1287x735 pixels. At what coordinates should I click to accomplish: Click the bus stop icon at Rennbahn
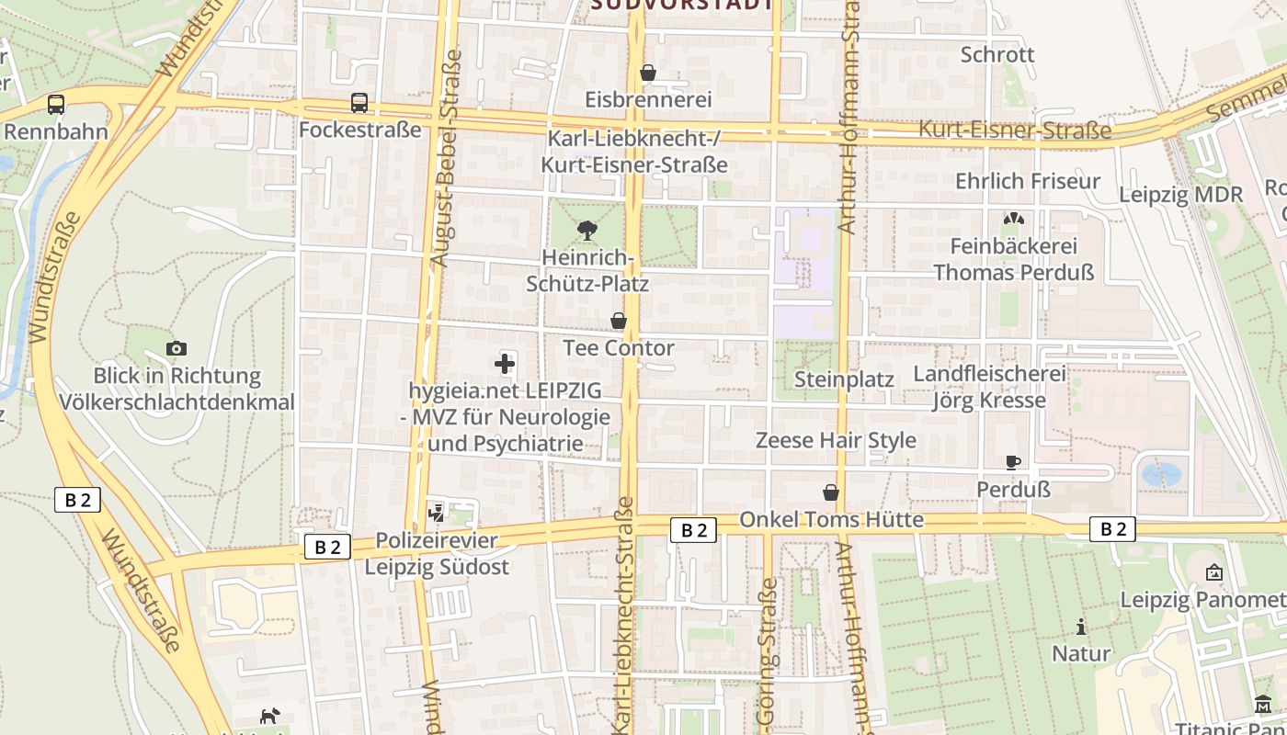[x=56, y=104]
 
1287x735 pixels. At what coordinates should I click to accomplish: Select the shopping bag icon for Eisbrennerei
[x=648, y=72]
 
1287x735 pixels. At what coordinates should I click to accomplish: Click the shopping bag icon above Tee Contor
[x=619, y=321]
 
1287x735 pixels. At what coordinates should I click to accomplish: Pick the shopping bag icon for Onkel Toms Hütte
[x=831, y=492]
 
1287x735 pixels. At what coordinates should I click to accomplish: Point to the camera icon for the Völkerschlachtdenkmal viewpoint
[x=177, y=348]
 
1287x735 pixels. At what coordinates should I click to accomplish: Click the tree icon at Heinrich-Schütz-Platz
[x=586, y=230]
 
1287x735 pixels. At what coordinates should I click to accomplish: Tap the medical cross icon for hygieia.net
[x=505, y=364]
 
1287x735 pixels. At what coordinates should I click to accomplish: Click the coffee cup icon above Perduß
[x=1012, y=462]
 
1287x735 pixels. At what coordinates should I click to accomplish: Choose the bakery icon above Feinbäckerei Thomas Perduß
[x=1014, y=219]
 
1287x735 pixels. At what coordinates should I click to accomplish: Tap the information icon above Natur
[x=1081, y=627]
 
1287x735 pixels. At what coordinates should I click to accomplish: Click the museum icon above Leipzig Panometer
[x=1213, y=572]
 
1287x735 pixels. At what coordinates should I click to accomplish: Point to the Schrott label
[x=997, y=54]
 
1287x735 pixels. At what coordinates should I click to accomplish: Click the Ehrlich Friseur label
[x=1027, y=181]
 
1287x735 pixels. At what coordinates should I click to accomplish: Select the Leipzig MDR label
[x=1180, y=195]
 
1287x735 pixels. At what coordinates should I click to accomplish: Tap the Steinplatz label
[x=844, y=379]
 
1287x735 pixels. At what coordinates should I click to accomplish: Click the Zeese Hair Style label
[x=836, y=440]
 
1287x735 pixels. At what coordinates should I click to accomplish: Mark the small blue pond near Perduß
[x=1161, y=474]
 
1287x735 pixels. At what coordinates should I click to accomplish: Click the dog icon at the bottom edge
[x=269, y=716]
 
